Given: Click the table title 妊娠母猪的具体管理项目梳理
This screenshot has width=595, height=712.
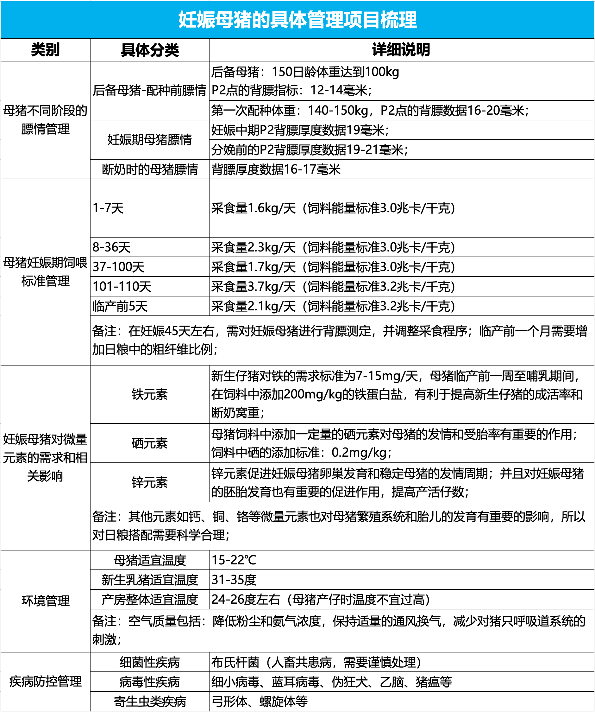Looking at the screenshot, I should tap(297, 20).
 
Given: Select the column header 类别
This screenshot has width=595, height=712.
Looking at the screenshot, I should tap(45, 50).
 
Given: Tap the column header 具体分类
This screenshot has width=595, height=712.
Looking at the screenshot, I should tap(149, 50).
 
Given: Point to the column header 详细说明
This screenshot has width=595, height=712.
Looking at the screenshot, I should tap(401, 50).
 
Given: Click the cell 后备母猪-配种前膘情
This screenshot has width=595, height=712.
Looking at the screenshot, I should tap(149, 91).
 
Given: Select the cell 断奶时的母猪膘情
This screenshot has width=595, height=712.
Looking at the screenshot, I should tap(149, 169).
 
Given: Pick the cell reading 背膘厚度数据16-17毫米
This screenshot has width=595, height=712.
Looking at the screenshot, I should tap(276, 169).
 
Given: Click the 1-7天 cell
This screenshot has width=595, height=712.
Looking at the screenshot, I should tap(109, 208).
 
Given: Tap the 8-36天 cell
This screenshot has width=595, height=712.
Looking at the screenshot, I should tap(112, 247).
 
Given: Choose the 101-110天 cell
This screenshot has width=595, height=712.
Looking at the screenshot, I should tap(122, 287).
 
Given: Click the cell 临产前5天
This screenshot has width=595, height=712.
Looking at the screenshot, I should tap(120, 306).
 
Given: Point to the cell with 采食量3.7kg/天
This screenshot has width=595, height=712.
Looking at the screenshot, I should tap(333, 287).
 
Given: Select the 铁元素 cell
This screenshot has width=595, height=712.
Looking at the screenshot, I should tap(149, 394).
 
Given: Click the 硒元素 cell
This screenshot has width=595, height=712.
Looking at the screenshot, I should tap(149, 443).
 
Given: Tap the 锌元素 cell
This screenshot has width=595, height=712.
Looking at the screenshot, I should tap(149, 482).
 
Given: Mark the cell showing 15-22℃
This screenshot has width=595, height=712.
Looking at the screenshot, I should tap(234, 560).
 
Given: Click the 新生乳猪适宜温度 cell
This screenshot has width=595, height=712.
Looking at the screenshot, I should tap(149, 580).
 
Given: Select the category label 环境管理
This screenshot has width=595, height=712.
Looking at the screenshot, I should tap(45, 601).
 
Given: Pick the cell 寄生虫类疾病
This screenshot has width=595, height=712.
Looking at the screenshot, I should tap(149, 702).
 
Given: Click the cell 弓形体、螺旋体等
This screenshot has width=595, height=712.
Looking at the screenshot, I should tap(260, 702).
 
